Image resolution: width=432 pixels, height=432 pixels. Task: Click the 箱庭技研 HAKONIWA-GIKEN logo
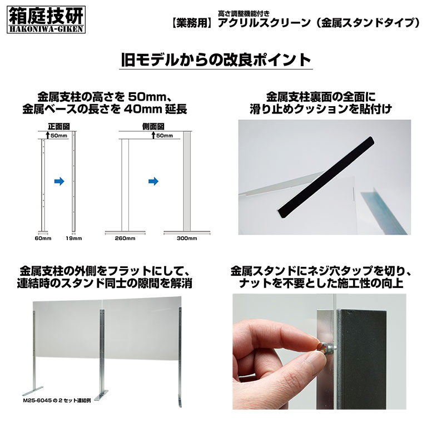coord(46,19)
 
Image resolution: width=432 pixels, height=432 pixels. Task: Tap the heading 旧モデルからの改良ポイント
coord(216,59)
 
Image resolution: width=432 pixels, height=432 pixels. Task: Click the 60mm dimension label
coord(43,239)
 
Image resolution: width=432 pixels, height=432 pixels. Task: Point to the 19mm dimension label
coord(74,239)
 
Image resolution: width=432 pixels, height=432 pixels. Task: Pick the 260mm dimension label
coord(125,239)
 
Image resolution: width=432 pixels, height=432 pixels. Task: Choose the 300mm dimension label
coord(187,239)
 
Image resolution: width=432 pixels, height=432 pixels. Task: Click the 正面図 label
coord(59,126)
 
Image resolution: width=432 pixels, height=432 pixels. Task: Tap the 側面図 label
coord(153,126)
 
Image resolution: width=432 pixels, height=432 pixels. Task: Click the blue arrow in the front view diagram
coord(59,181)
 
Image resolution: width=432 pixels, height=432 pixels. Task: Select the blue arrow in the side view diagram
coord(153,181)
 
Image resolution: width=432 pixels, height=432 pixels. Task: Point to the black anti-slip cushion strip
coord(326,177)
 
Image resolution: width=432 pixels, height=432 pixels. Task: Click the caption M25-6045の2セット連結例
coord(57,401)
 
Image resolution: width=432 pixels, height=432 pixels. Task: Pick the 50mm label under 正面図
coord(59,136)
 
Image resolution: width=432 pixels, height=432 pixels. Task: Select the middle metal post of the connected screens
coord(102,352)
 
